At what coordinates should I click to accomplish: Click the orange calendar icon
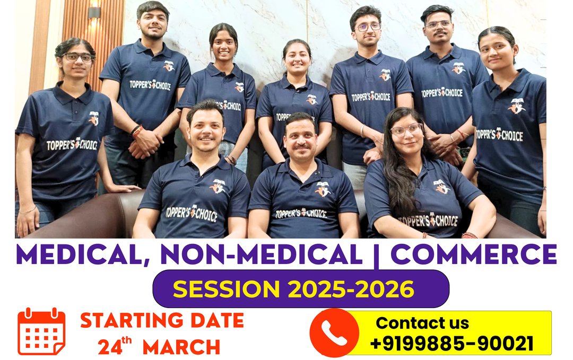41,331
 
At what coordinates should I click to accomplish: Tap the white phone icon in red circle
334,333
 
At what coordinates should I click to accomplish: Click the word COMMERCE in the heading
474,254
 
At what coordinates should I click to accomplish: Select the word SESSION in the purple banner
226,289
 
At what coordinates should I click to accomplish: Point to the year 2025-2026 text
351,289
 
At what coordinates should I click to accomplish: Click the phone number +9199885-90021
452,344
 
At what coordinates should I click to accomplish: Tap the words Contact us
422,323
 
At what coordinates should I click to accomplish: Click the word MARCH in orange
181,347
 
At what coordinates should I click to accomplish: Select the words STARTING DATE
162,320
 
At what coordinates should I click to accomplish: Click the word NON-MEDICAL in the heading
261,254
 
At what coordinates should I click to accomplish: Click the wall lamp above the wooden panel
94,13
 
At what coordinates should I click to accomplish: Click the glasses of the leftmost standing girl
77,57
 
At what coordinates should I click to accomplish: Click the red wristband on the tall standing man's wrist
137,131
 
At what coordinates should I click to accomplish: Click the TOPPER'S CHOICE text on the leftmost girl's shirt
72,145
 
